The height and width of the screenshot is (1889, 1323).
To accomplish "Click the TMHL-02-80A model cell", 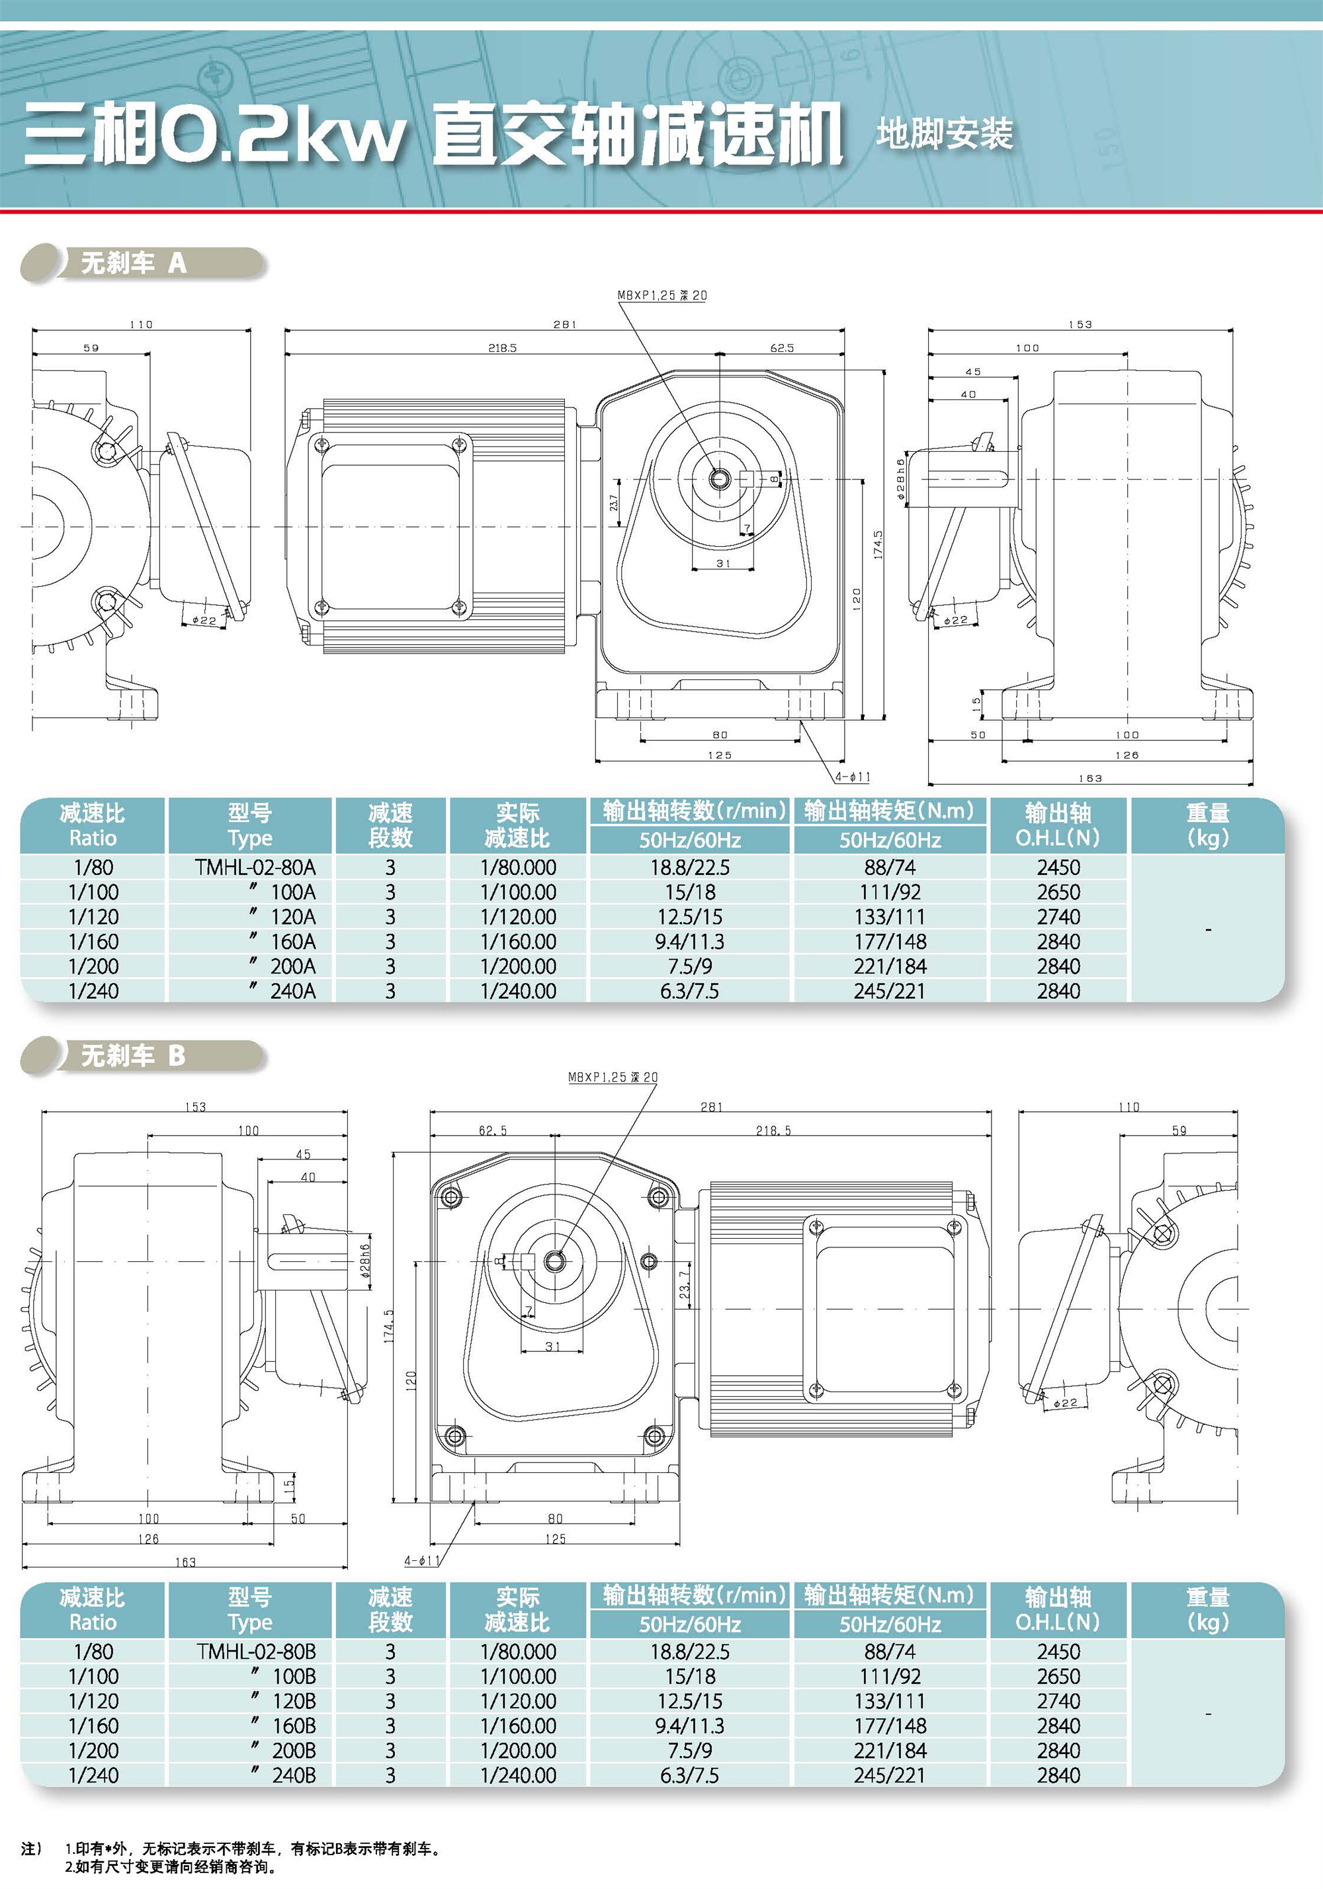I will (255, 867).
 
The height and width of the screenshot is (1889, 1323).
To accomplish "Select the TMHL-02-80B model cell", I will (256, 1652).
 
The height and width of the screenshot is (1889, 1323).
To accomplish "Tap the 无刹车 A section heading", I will (133, 263).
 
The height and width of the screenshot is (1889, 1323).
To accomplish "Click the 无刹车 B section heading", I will (133, 1056).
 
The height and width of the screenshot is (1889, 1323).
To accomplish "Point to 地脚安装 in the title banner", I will (944, 134).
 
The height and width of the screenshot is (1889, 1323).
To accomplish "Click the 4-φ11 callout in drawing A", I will (853, 777).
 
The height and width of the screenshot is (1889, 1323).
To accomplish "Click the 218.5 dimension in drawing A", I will (502, 348).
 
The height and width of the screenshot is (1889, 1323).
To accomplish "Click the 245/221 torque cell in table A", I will (890, 991).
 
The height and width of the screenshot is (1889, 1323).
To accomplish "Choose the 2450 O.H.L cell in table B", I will (1058, 1652).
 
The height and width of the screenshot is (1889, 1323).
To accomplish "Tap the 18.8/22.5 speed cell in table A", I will (689, 867).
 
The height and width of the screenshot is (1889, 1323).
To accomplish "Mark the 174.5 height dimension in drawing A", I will (878, 544).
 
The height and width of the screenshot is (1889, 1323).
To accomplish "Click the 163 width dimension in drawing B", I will (185, 1562).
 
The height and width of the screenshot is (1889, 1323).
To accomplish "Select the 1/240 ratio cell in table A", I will (93, 991).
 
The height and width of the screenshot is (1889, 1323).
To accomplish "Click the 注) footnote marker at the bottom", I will (31, 1849).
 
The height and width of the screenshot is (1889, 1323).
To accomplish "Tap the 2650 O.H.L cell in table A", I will (1058, 892).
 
